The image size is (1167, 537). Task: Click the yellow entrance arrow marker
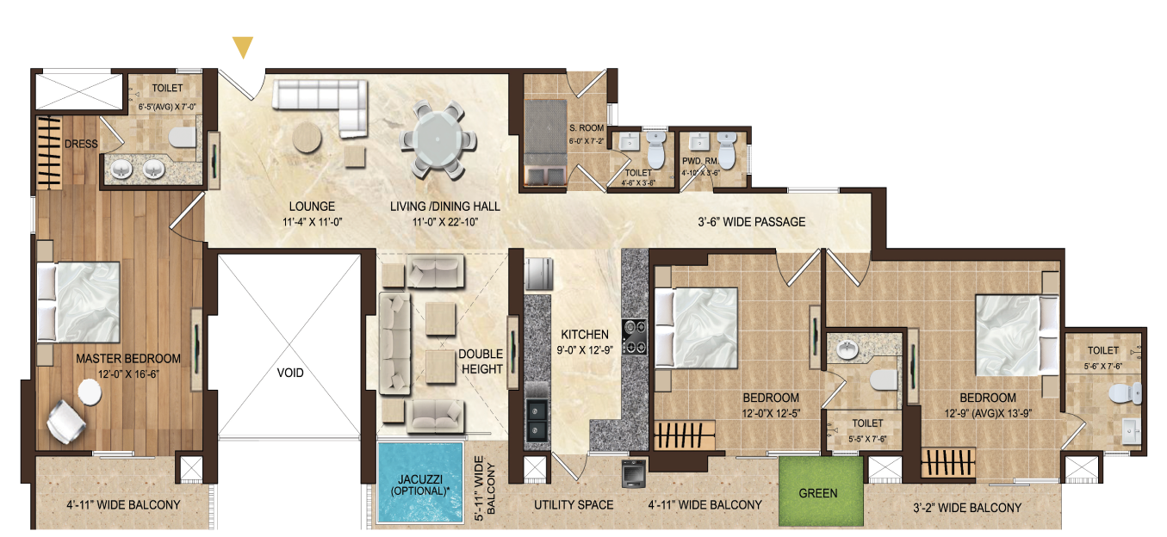(x=243, y=46)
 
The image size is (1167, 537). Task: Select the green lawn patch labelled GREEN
(x=821, y=491)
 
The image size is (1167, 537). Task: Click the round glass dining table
(x=438, y=139)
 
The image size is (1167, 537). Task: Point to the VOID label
(x=290, y=373)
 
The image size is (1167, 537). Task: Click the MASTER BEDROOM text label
(x=128, y=359)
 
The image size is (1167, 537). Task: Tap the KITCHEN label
(x=585, y=335)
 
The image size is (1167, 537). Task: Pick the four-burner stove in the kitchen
(x=635, y=336)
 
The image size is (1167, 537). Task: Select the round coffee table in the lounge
(x=307, y=137)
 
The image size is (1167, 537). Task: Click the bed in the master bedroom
(x=78, y=302)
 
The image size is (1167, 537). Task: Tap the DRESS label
(x=81, y=144)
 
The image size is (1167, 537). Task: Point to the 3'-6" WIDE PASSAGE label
(x=751, y=222)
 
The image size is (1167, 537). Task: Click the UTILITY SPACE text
(x=574, y=505)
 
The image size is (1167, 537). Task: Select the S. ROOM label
(x=587, y=128)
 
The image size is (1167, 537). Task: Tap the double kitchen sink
(x=536, y=421)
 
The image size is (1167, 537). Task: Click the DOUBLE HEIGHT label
(x=481, y=361)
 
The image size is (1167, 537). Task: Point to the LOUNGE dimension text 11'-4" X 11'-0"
(x=312, y=222)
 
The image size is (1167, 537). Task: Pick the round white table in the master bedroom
(x=90, y=392)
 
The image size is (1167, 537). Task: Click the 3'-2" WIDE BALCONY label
(x=967, y=508)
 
